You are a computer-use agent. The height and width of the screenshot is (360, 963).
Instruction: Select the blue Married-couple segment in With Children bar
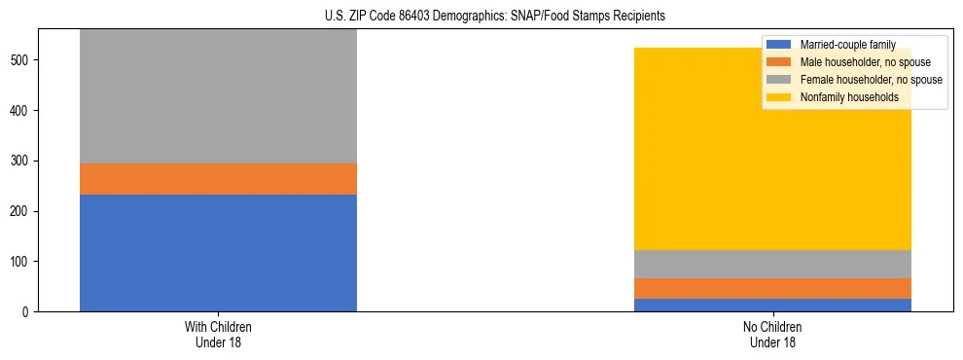coord(218,253)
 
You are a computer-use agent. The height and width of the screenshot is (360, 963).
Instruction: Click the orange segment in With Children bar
coord(218,179)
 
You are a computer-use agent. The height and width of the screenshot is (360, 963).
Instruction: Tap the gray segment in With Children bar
coord(218,97)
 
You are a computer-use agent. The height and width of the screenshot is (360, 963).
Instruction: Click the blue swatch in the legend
coord(780,45)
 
